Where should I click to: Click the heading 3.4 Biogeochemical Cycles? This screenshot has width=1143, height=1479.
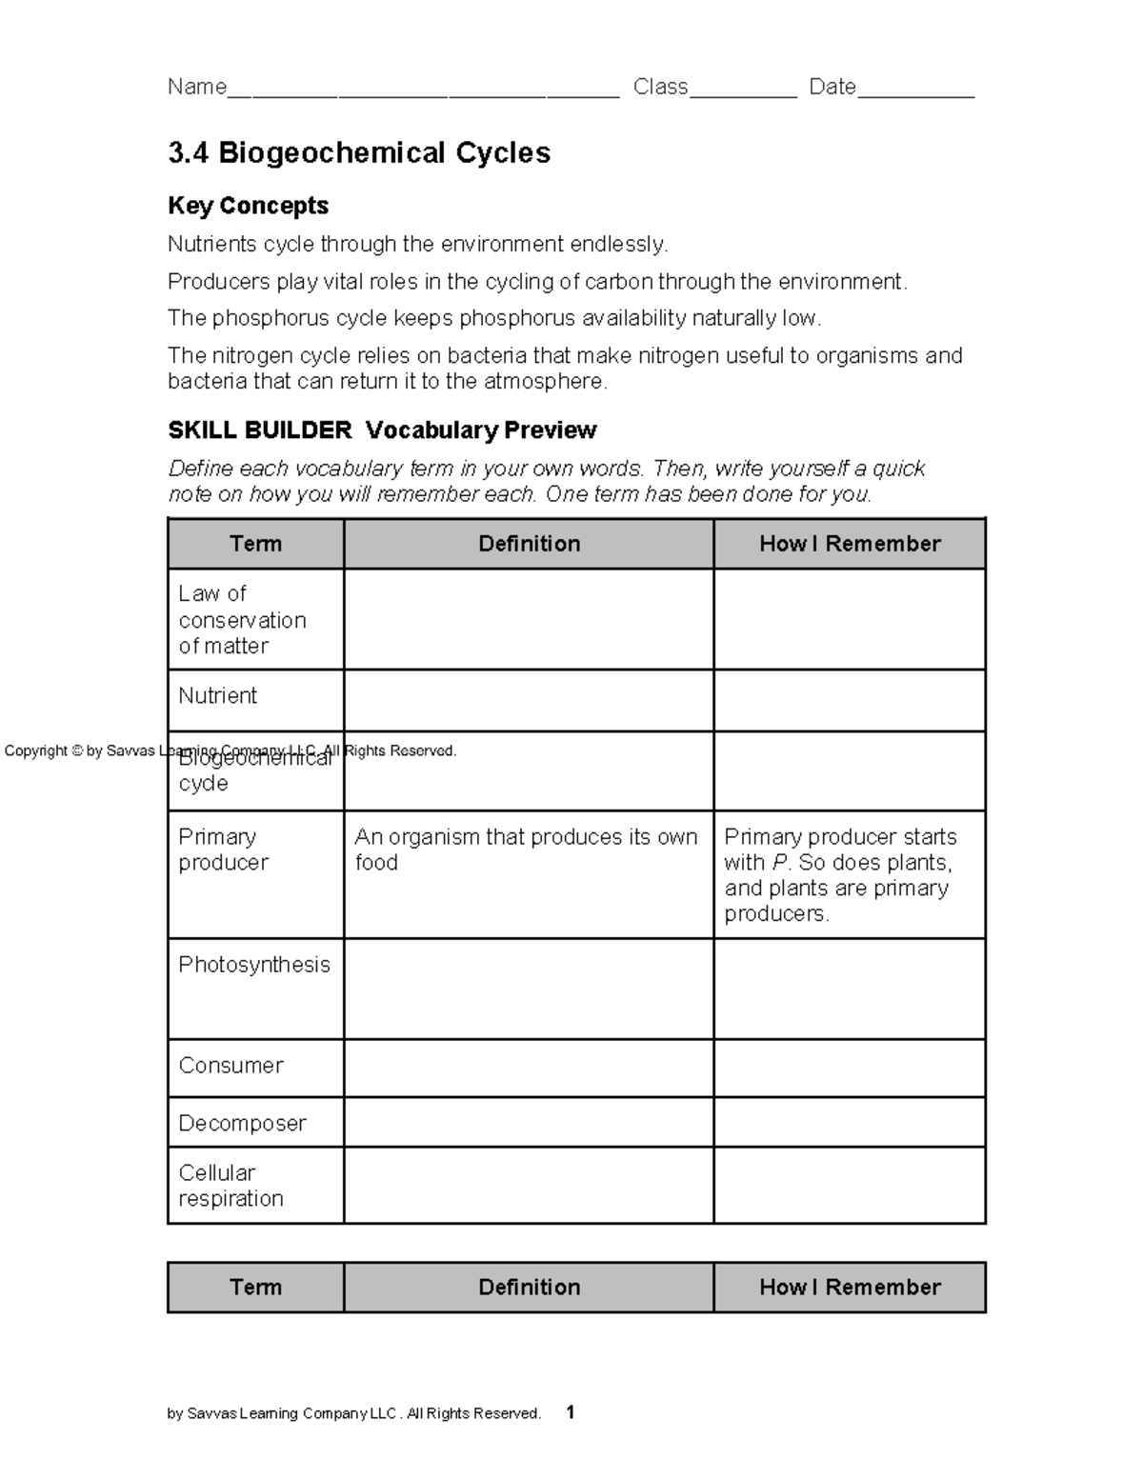coord(359,153)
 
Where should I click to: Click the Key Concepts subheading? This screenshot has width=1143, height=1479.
coord(248,206)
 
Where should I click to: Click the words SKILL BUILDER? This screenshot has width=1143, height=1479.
coord(260,430)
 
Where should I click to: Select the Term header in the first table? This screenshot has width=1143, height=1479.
coord(255,544)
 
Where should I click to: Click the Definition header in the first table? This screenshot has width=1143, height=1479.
coord(529,544)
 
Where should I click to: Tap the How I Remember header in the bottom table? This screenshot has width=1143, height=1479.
coord(850,1288)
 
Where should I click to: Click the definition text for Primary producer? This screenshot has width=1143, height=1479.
coord(526,849)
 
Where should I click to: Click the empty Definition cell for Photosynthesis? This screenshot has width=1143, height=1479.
coord(529,989)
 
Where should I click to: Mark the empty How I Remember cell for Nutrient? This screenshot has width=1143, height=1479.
coord(850,701)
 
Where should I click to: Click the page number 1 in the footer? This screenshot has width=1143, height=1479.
coord(570,1412)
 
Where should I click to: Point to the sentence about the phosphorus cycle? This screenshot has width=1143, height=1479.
coord(493,318)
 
